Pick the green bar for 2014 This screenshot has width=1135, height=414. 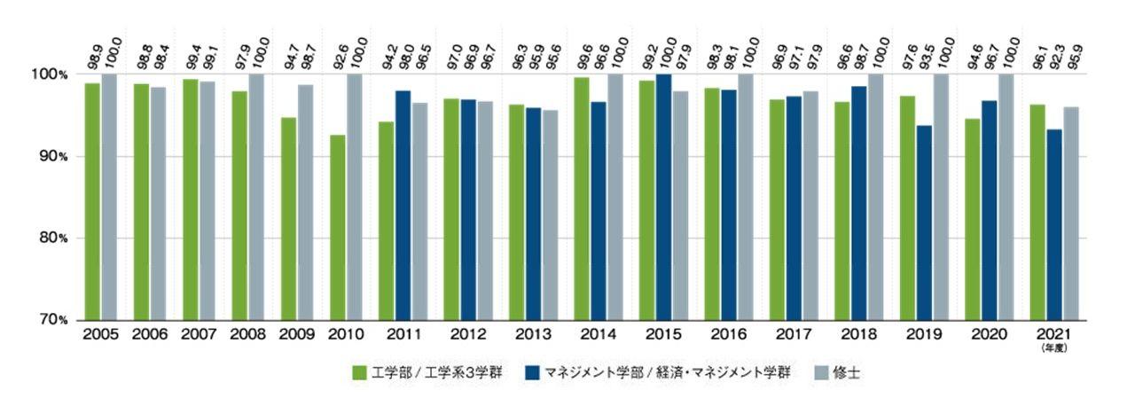tap(582, 199)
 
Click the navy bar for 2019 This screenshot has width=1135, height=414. tap(924, 223)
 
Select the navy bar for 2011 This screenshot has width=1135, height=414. tap(403, 205)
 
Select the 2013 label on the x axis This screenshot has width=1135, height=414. tap(533, 335)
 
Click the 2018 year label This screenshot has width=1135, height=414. tap(859, 335)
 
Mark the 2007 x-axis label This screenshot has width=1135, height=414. tap(199, 335)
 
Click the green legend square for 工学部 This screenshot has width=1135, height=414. tap(359, 373)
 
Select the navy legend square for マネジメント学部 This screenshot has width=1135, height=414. tap(532, 373)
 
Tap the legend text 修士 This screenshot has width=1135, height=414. tap(847, 373)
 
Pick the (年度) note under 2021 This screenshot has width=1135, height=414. tap(1055, 349)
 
